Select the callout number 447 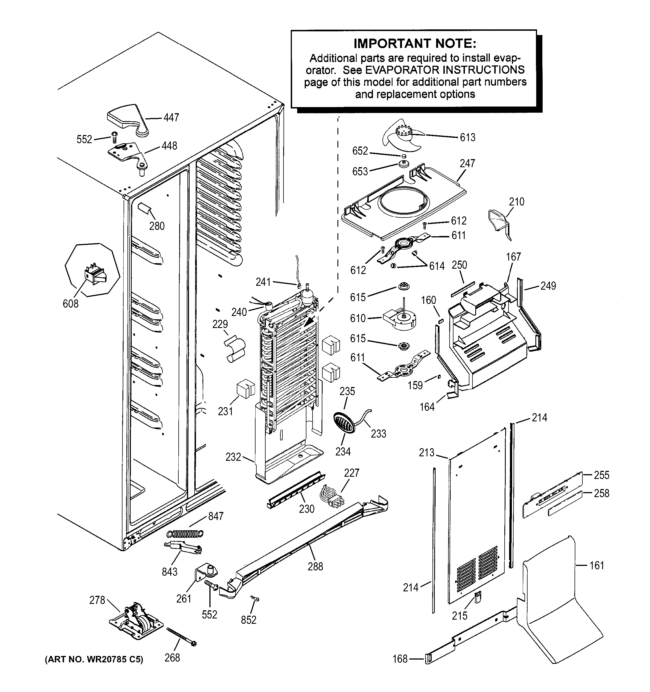coord(171,117)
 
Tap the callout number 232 coord(233,457)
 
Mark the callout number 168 coord(400,659)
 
